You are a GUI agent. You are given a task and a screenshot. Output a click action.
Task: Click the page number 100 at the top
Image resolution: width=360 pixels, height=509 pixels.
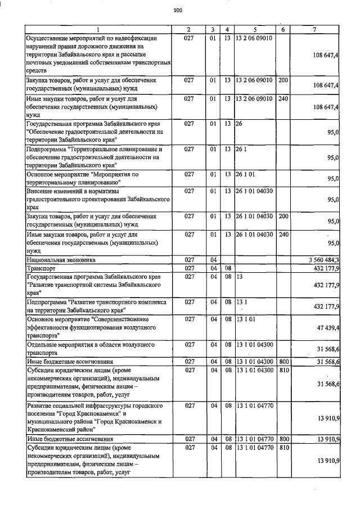pos(178,10)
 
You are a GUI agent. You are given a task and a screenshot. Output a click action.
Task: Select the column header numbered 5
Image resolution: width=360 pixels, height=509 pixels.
pos(255,29)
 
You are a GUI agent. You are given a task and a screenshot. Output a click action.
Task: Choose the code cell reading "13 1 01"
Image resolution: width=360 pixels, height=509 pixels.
pos(245,319)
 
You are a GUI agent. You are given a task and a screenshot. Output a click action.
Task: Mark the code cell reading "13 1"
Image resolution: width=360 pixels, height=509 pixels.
pos(241,302)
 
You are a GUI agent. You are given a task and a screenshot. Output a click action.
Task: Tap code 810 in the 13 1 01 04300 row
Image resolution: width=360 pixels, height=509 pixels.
pos(282,370)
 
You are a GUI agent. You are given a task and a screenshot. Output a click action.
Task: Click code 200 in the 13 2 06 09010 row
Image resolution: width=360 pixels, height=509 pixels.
pos(282,80)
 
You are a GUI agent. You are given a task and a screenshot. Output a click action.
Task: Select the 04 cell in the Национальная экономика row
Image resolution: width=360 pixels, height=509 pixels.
pos(213,260)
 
